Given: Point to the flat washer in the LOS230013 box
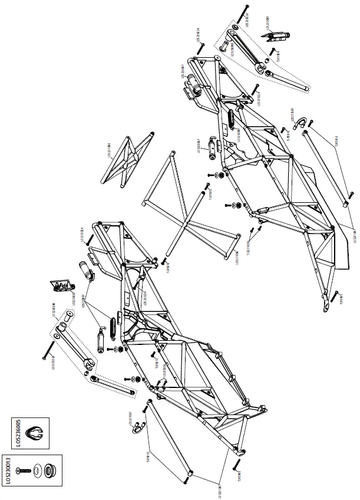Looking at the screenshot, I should click(x=39, y=470).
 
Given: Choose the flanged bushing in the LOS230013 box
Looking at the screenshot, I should click(x=50, y=470).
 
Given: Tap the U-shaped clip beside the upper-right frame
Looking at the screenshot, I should click(x=299, y=124).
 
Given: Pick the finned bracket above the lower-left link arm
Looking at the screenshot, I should click(x=62, y=285).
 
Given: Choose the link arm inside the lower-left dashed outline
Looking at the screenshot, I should click(x=73, y=350).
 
